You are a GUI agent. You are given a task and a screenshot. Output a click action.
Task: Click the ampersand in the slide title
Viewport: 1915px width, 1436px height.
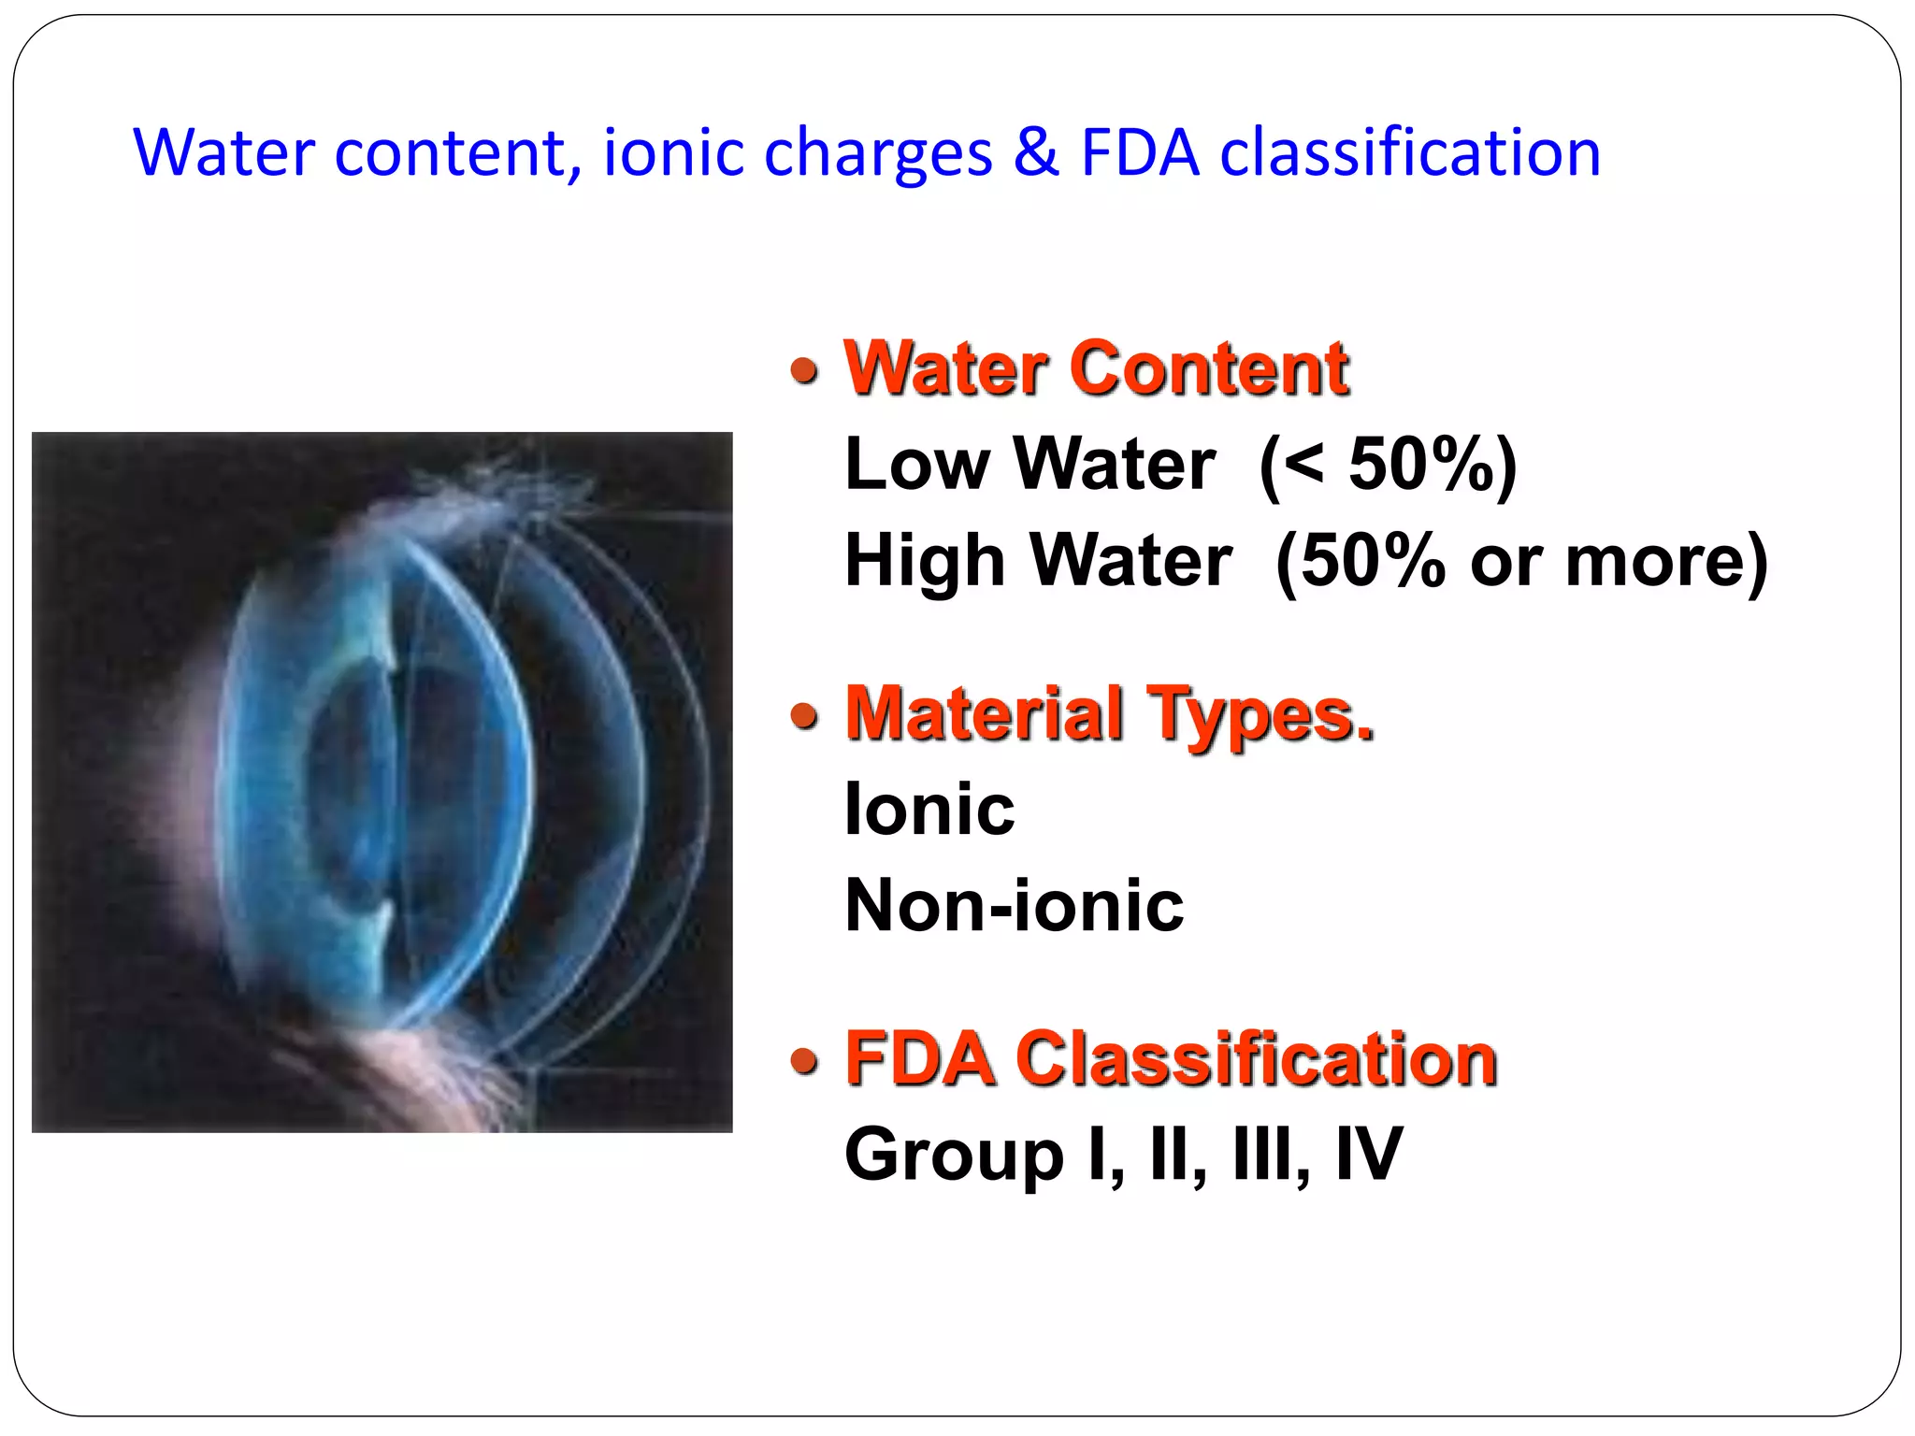click(x=1035, y=152)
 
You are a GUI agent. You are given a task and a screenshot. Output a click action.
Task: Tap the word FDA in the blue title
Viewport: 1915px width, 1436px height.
click(x=1140, y=152)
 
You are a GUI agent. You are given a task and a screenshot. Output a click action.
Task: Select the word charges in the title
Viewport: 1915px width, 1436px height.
click(x=878, y=155)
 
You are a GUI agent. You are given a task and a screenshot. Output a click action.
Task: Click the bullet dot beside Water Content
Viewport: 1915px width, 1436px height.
click(x=804, y=371)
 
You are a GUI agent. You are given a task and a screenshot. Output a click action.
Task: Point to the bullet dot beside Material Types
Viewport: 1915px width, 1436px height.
click(x=804, y=717)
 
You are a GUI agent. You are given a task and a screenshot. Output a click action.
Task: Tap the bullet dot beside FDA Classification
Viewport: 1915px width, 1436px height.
click(x=804, y=1061)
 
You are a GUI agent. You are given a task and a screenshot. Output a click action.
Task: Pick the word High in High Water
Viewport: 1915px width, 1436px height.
click(x=925, y=561)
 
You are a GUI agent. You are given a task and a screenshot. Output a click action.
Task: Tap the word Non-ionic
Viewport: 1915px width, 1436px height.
click(x=1014, y=905)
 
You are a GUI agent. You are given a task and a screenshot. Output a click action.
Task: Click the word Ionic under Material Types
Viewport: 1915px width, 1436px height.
click(x=929, y=809)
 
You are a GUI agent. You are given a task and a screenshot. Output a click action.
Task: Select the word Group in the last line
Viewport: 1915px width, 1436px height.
click(x=954, y=1156)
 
